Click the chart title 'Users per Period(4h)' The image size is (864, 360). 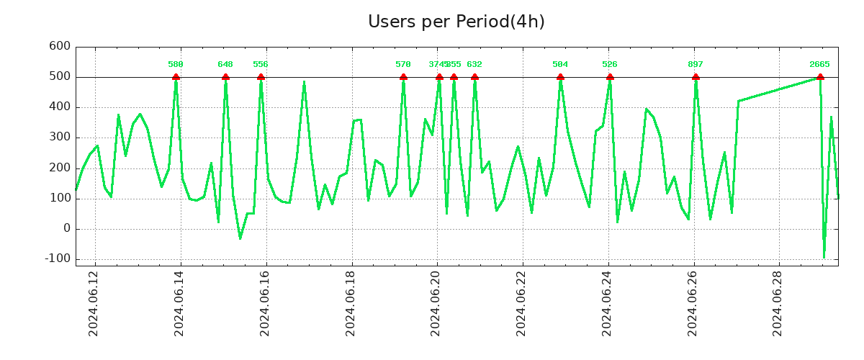coord(456,22)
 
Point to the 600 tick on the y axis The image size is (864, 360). coord(60,46)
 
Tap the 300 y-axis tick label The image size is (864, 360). coord(60,138)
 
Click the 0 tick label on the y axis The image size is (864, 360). coord(66,228)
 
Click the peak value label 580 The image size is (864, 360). coord(176,64)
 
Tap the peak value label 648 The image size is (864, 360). coord(225,64)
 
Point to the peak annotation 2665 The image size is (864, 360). coord(819,64)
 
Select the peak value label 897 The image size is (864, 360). coord(696,64)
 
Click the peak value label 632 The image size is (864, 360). coord(474,64)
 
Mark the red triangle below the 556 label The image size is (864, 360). coord(261,76)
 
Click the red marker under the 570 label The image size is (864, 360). coord(403,76)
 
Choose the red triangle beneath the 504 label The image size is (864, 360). coord(560,76)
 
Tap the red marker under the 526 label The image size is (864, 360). coord(610,76)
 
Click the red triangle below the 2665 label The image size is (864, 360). coord(820,76)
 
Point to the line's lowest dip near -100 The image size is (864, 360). coord(824,257)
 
